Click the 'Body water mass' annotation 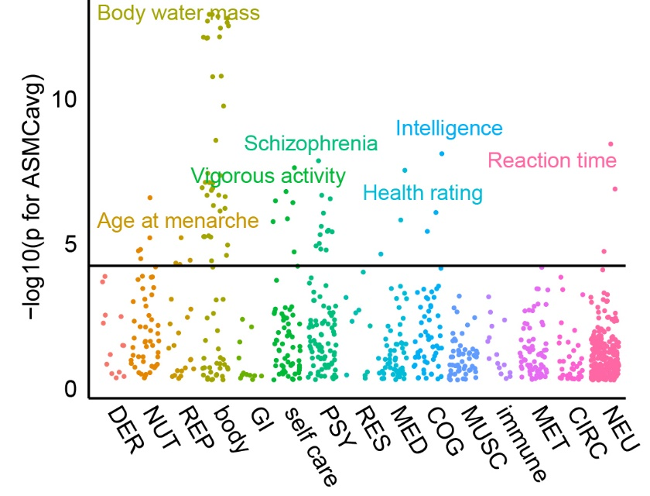pyautogui.click(x=178, y=12)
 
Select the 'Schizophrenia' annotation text pyautogui.click(x=311, y=143)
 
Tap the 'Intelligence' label pyautogui.click(x=449, y=128)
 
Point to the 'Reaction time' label pyautogui.click(x=552, y=161)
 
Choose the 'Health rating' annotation pyautogui.click(x=422, y=192)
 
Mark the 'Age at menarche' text pyautogui.click(x=177, y=220)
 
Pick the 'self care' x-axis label pyautogui.click(x=309, y=447)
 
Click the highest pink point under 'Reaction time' pyautogui.click(x=611, y=143)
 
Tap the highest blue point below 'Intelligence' pyautogui.click(x=442, y=153)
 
